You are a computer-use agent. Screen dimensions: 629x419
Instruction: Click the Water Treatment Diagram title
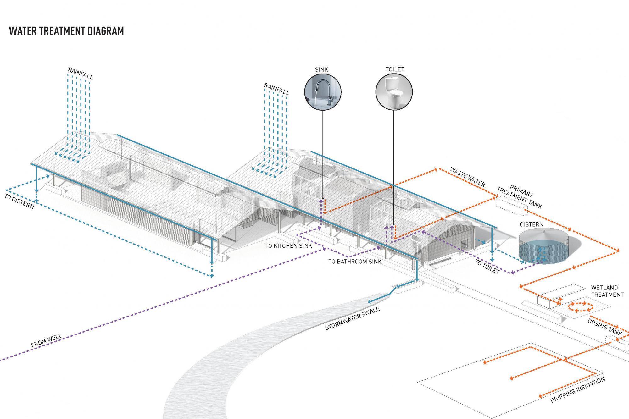coord(67,31)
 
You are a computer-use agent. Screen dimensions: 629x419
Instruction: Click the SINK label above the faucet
coord(321,69)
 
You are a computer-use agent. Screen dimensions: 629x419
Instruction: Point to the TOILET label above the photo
coord(395,69)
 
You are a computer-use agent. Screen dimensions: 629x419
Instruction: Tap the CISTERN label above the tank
coord(532,224)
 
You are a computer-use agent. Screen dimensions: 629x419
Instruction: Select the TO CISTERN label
coord(19,201)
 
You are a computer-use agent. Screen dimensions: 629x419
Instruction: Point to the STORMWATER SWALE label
coord(352,318)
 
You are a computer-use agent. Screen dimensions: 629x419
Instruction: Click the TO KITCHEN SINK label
coord(289,246)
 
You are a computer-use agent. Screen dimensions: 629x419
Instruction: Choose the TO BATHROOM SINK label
coord(355,262)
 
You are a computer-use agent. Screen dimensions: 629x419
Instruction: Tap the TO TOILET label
coord(487,267)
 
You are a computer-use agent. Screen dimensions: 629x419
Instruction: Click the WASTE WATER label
coord(468,177)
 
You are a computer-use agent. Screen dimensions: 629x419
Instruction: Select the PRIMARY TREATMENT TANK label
coord(520,197)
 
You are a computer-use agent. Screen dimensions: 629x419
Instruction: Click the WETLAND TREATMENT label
coord(607,291)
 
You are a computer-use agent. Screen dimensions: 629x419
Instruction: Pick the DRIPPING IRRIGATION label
coord(578,390)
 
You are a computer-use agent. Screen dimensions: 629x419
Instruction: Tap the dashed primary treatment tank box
coord(511,206)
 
